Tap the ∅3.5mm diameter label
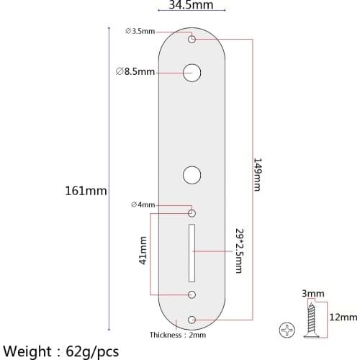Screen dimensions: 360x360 [139, 31]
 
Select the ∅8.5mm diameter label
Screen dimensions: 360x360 [135, 71]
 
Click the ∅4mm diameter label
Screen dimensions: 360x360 [143, 205]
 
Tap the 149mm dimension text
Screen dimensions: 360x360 [257, 175]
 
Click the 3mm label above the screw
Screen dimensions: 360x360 [313, 294]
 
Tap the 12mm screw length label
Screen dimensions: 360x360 [343, 317]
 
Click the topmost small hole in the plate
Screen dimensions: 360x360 [192, 39]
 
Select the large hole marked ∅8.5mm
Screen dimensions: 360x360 [192, 72]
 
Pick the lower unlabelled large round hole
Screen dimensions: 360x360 [192, 174]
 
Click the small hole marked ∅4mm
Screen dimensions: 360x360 [192, 214]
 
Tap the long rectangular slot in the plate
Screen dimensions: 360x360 [192, 252]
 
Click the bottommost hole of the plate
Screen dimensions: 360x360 [192, 319]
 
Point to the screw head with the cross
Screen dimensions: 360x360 [287, 330]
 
